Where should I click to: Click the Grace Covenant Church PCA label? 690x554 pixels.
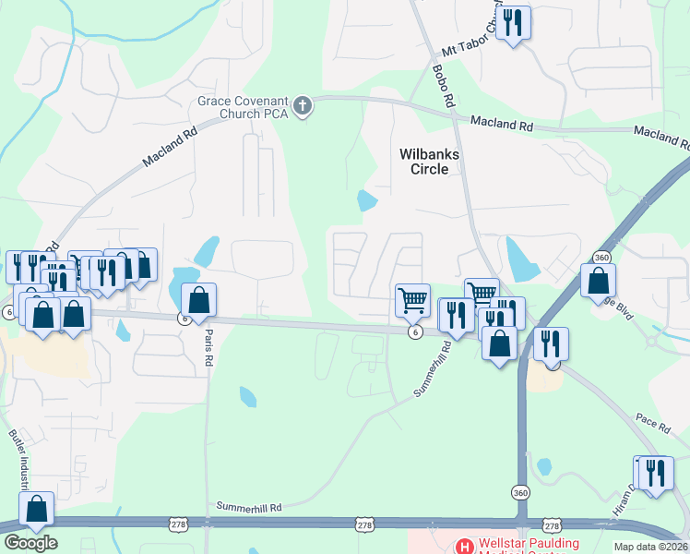(x=244, y=107)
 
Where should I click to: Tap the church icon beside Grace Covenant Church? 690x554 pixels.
(x=303, y=108)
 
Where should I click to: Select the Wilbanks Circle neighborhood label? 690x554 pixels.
(x=429, y=162)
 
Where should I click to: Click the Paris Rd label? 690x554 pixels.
(x=208, y=347)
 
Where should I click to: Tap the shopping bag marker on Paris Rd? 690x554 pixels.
(x=198, y=300)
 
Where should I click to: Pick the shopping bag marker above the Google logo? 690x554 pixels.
(x=36, y=509)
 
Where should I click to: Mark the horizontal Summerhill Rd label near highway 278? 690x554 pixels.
(x=248, y=507)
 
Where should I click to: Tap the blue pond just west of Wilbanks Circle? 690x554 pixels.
(x=367, y=199)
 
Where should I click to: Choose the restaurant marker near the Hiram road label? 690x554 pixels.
(x=655, y=473)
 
